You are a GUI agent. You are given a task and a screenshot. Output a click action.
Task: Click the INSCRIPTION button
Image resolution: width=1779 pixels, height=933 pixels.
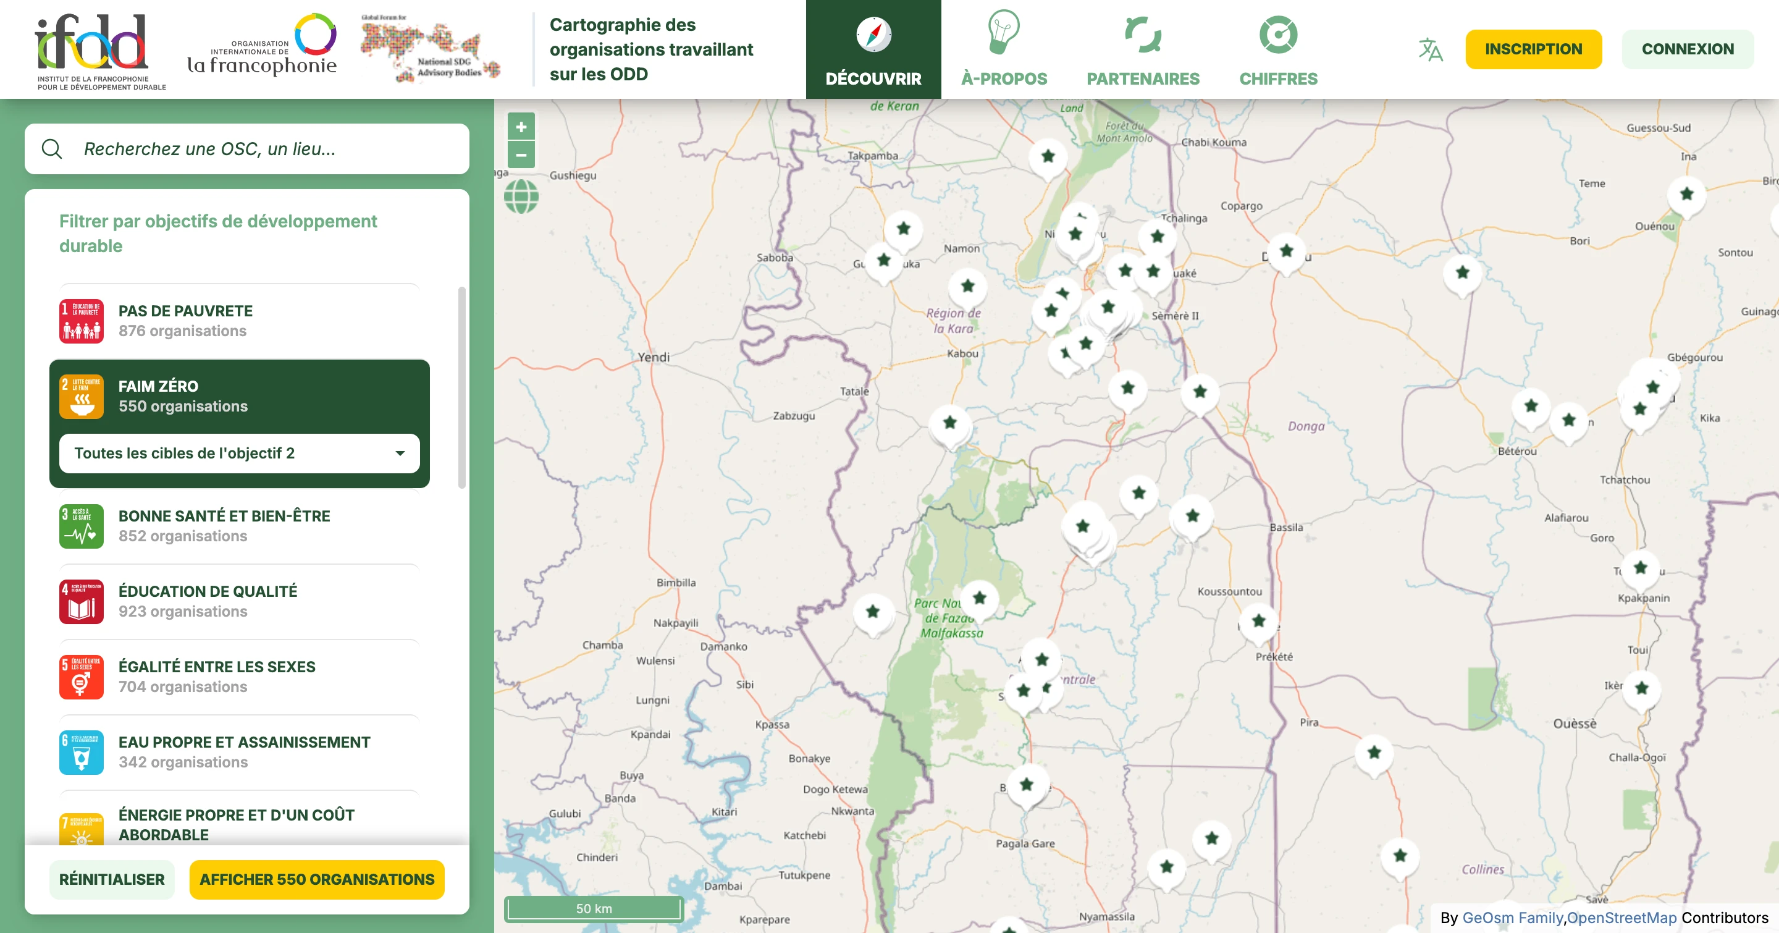[x=1533, y=49]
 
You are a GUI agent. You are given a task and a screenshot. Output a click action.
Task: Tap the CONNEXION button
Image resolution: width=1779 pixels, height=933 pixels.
[x=1687, y=49]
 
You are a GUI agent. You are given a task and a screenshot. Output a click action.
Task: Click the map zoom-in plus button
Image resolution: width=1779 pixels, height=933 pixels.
[x=521, y=127]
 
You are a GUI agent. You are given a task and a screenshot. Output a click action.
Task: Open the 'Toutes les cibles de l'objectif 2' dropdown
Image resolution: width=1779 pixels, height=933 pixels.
[x=239, y=454]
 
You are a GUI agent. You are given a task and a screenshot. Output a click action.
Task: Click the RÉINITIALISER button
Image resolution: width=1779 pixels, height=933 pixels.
[x=112, y=879]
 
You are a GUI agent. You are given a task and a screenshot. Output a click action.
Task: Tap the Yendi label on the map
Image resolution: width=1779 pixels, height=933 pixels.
[x=654, y=357]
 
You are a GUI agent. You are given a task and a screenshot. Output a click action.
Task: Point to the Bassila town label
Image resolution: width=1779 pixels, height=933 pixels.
[x=1286, y=528]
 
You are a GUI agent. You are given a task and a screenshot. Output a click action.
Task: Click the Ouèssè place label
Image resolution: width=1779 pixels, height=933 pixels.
[x=1575, y=724]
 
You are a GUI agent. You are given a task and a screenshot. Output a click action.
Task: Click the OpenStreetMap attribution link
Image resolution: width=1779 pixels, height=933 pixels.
[x=1621, y=918]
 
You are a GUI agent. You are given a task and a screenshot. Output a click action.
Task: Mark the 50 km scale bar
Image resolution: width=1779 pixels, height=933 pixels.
[x=594, y=909]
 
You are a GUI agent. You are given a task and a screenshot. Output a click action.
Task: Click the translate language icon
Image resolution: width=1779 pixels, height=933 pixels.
[x=1430, y=49]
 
